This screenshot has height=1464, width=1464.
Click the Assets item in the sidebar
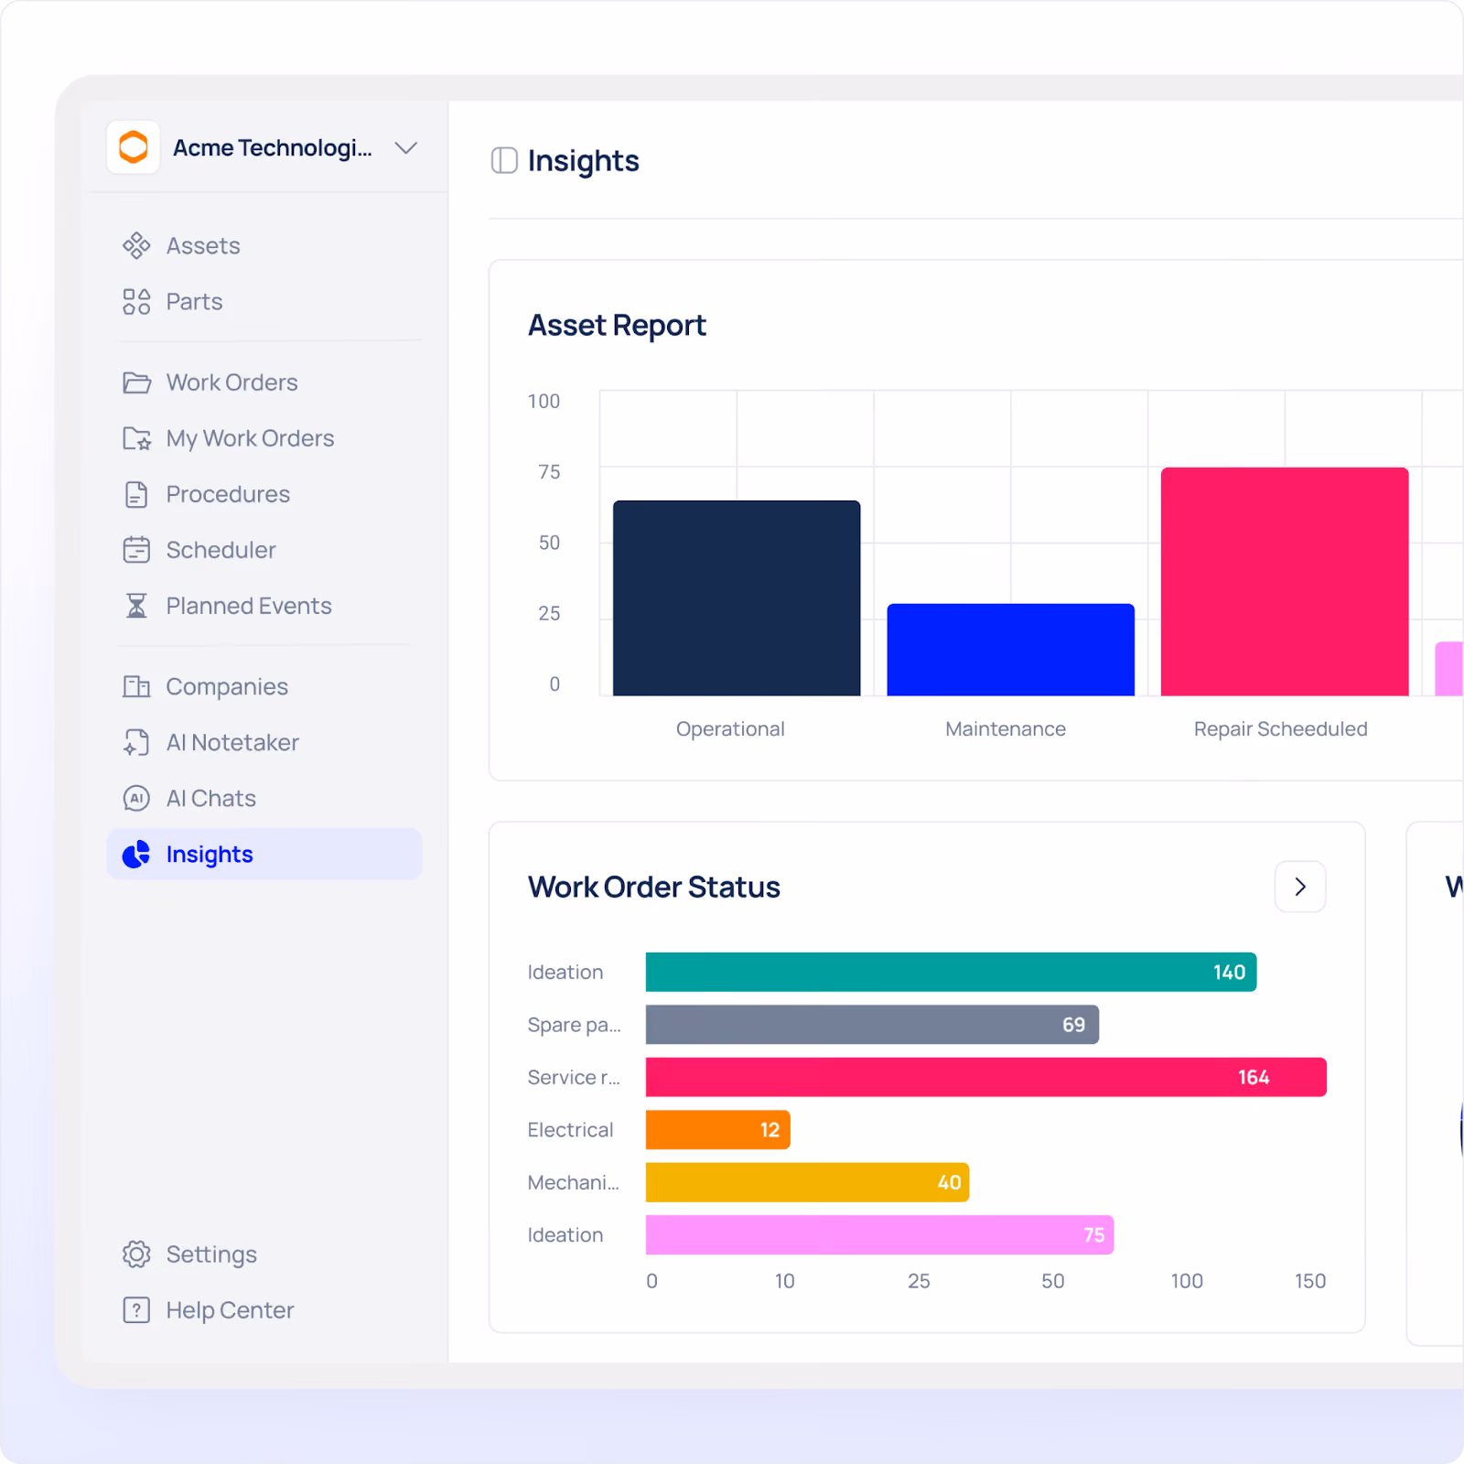pos(181,246)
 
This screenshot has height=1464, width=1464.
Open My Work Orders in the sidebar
pos(229,438)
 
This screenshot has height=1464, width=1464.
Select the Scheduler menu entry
pos(199,550)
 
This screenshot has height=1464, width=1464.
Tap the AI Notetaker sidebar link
pos(211,743)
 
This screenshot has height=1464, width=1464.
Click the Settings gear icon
pos(136,1254)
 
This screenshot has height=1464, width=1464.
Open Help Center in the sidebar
pos(209,1310)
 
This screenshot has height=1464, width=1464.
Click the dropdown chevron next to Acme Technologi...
pos(406,147)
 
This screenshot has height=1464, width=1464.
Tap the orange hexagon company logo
pos(134,147)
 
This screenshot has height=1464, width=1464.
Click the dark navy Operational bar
pos(737,598)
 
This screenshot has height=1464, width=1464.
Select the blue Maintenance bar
pos(1011,650)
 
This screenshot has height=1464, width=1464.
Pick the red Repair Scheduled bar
pos(1285,582)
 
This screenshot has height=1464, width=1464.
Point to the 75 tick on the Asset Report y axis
pos(549,472)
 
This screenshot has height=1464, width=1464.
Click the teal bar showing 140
pos(952,972)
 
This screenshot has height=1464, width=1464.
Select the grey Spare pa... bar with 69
pos(873,1025)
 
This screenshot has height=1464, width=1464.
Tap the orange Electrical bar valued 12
pos(718,1130)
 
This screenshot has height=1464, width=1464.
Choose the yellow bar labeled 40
pos(808,1182)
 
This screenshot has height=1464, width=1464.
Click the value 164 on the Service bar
pos(1254,1078)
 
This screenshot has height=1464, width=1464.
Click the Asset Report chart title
pos(618,325)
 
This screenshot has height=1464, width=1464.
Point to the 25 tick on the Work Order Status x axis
pos(919,1281)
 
